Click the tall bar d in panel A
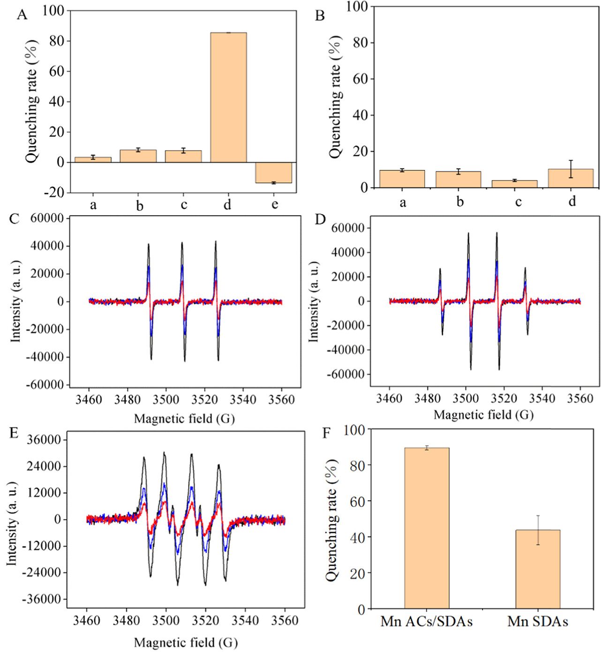point(228,97)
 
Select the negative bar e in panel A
point(273,172)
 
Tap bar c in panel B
point(514,184)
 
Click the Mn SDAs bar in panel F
point(538,569)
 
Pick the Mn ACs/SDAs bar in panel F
point(427,528)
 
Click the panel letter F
point(327,433)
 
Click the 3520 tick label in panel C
point(204,399)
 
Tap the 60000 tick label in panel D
point(347,228)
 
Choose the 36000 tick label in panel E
point(44,440)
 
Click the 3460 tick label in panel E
point(87,621)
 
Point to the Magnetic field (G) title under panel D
point(483,415)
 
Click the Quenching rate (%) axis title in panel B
point(335,97)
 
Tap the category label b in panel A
point(139,205)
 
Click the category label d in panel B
point(572,201)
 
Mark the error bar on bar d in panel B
point(571,169)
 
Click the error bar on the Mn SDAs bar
point(538,530)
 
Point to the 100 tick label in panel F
point(354,429)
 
